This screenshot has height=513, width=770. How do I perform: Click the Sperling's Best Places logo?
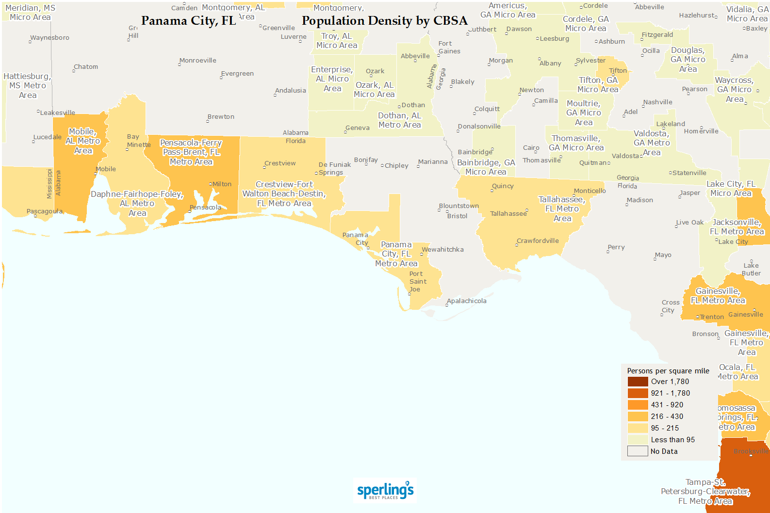tap(385, 491)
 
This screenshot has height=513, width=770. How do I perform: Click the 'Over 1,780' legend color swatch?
tap(638, 382)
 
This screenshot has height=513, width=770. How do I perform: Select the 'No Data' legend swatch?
tap(638, 451)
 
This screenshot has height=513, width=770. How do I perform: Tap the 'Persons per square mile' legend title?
tap(668, 371)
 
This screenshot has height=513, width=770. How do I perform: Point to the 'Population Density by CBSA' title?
tap(384, 21)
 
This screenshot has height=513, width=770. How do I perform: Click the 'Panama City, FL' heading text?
tap(188, 21)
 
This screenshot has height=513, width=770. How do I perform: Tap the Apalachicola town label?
tap(466, 301)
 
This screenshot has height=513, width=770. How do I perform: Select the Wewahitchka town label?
tap(442, 250)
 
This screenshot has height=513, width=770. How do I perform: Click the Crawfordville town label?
tap(538, 241)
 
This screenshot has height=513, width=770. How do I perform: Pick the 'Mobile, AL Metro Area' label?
tap(83, 141)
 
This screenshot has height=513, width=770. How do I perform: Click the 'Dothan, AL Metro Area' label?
tap(400, 120)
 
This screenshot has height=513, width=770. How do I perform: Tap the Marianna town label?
tap(433, 162)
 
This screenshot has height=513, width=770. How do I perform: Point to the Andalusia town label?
tap(290, 91)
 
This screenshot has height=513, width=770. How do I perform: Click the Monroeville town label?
tap(198, 61)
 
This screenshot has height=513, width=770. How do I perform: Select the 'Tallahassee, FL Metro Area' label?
tap(562, 209)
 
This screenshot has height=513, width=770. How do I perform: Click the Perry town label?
tap(616, 247)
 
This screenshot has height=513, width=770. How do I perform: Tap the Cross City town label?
tap(670, 306)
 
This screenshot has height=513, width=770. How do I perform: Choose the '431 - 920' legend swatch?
tap(638, 405)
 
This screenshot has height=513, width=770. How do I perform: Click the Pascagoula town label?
tap(45, 211)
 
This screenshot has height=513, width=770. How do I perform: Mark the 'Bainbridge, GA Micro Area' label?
tap(486, 167)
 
